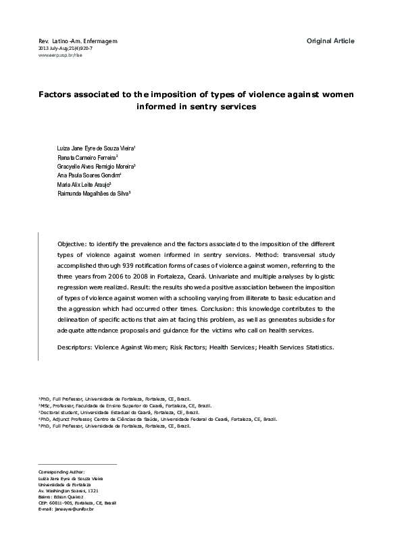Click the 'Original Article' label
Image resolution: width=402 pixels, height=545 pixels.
click(330, 41)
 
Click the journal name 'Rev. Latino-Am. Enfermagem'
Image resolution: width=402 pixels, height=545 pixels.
click(78, 41)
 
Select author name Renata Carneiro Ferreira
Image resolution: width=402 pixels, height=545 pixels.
click(88, 156)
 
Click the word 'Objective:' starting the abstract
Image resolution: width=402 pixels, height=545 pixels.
click(74, 243)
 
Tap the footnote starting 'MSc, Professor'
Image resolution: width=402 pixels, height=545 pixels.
click(125, 405)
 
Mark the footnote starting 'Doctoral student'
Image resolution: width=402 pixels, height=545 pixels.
click(119, 412)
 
